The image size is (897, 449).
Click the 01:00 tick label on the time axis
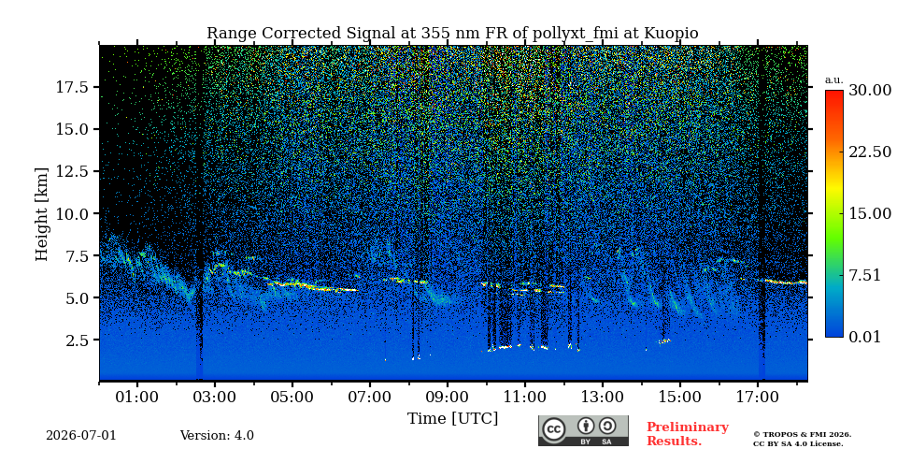click(137, 397)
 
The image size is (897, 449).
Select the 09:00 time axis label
click(448, 397)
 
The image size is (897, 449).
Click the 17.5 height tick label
click(72, 87)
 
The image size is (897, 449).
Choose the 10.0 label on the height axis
click(72, 213)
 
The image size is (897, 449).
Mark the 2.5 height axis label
click(77, 340)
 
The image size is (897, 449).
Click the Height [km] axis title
click(42, 214)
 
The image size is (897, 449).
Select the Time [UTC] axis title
click(452, 419)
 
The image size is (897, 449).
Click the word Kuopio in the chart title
click(671, 34)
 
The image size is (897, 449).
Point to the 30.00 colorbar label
click(870, 91)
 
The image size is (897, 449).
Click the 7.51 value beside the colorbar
click(865, 275)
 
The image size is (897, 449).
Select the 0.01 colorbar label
click(865, 337)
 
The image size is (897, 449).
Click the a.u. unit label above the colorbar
click(834, 80)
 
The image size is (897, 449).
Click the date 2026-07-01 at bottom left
click(80, 436)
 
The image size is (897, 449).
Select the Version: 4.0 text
click(217, 436)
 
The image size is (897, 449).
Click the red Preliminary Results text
click(688, 434)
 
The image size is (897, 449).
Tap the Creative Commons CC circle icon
click(554, 430)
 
